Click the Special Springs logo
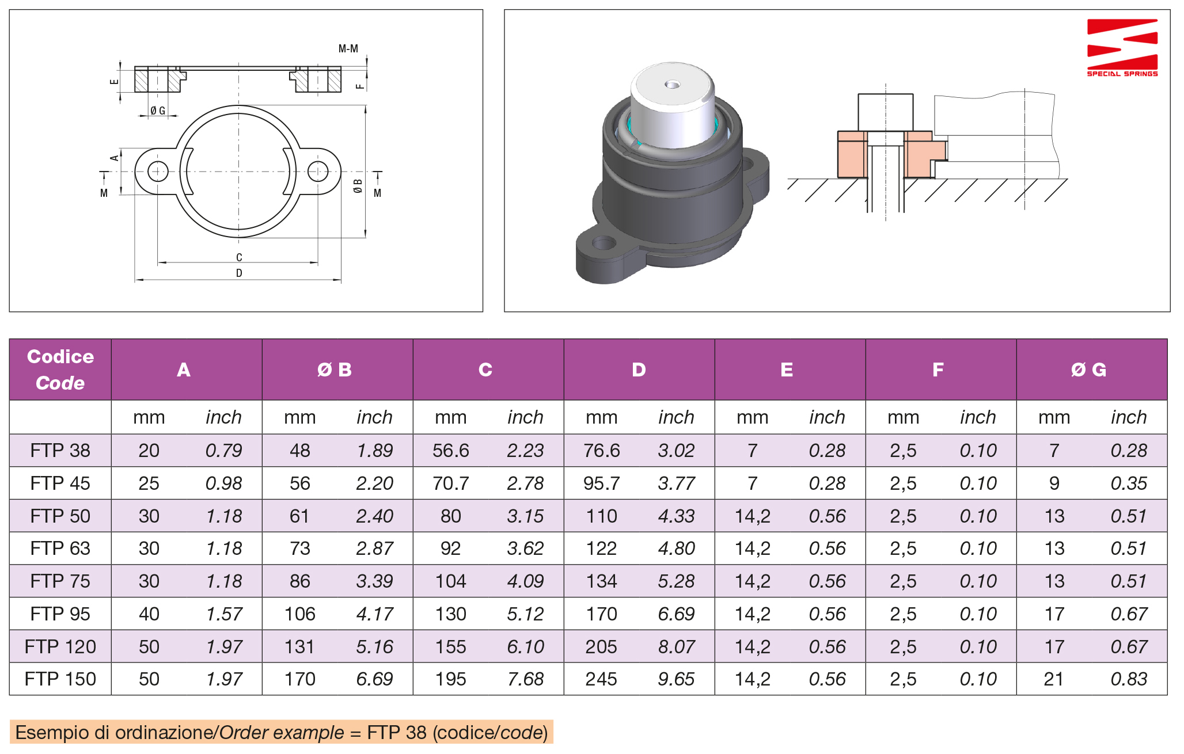point(1122,48)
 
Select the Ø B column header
point(335,370)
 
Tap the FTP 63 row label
point(60,549)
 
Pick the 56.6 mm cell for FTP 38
point(451,451)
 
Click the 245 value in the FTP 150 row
point(601,679)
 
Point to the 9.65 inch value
point(676,679)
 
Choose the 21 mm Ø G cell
point(1054,679)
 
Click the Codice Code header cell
point(60,370)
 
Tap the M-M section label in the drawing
point(348,49)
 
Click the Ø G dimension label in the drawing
point(158,111)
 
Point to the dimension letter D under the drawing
point(239,273)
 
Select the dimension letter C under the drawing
point(239,257)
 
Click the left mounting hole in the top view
point(158,171)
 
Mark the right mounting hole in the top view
point(318,171)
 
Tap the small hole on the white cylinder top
point(672,85)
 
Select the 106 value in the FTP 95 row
point(300,614)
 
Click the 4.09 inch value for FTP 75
point(525,581)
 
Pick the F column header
point(938,370)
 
